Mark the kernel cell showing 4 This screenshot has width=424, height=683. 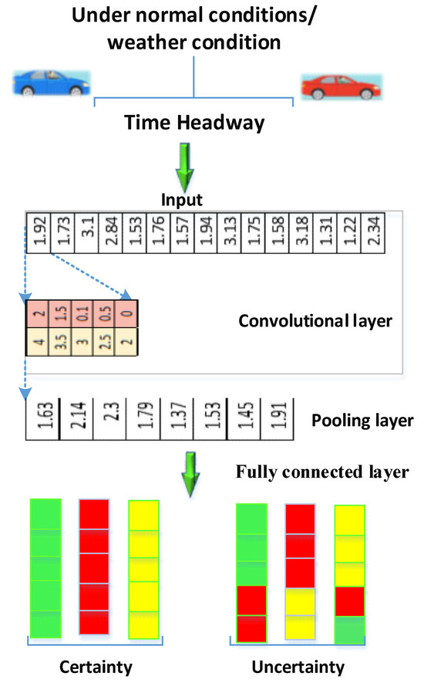coord(37,341)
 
